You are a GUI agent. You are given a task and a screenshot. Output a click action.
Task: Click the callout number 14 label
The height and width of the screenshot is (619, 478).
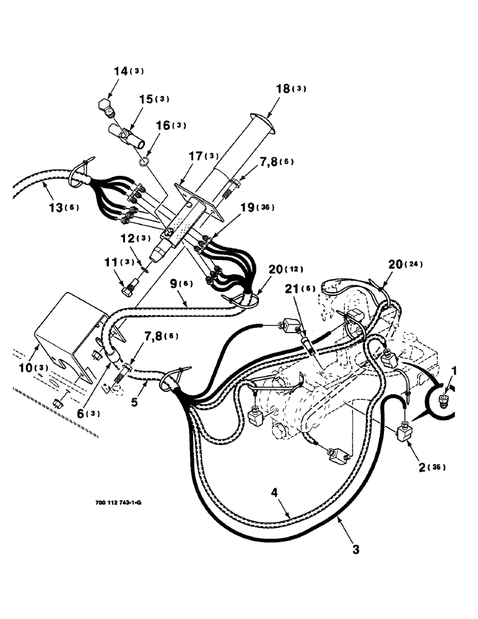point(119,71)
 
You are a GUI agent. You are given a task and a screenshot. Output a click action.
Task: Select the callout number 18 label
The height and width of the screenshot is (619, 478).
point(282,89)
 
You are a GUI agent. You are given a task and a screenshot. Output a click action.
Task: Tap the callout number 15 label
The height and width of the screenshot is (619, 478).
point(145,99)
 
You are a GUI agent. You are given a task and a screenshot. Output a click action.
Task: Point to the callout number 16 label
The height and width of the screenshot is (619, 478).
point(163,125)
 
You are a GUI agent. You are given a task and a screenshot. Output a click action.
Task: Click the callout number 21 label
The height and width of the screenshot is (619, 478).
point(292,289)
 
